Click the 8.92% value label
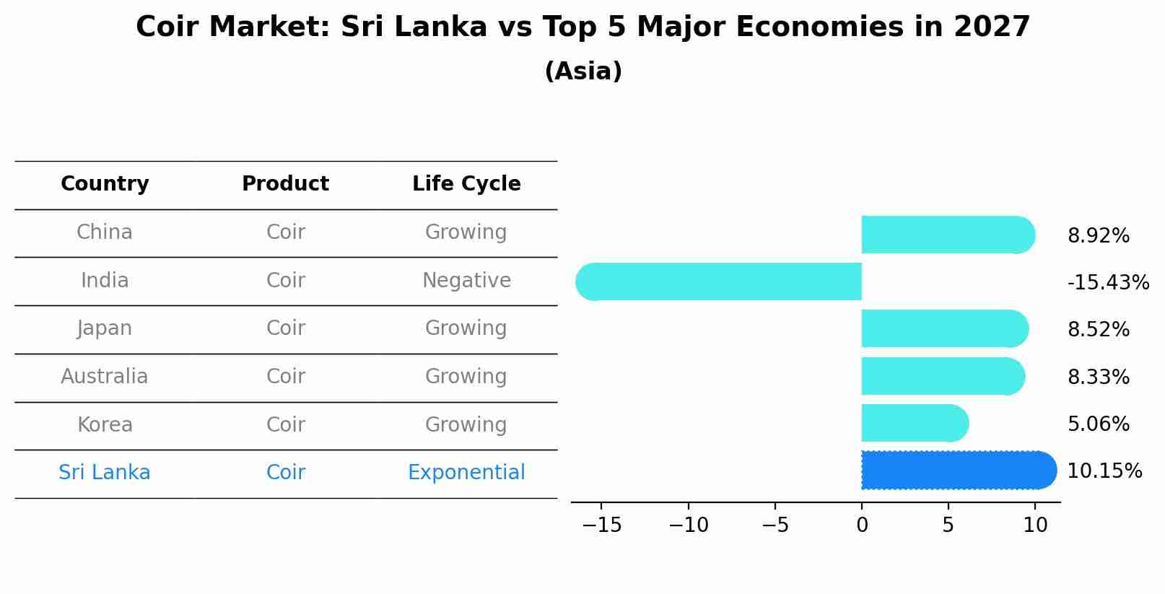(x=1098, y=236)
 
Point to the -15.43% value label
(x=1107, y=283)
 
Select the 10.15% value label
(x=1104, y=471)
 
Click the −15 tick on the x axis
(x=601, y=525)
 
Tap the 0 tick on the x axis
(x=862, y=525)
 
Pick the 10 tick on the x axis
(x=1035, y=525)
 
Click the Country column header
(x=105, y=184)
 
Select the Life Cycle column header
(x=466, y=184)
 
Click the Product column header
(x=285, y=184)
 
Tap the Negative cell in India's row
(x=466, y=281)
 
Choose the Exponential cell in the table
(x=466, y=473)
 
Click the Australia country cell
(x=105, y=377)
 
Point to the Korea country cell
(x=105, y=425)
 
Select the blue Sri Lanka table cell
(x=105, y=473)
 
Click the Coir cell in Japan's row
(x=285, y=328)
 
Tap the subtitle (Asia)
(x=582, y=71)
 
